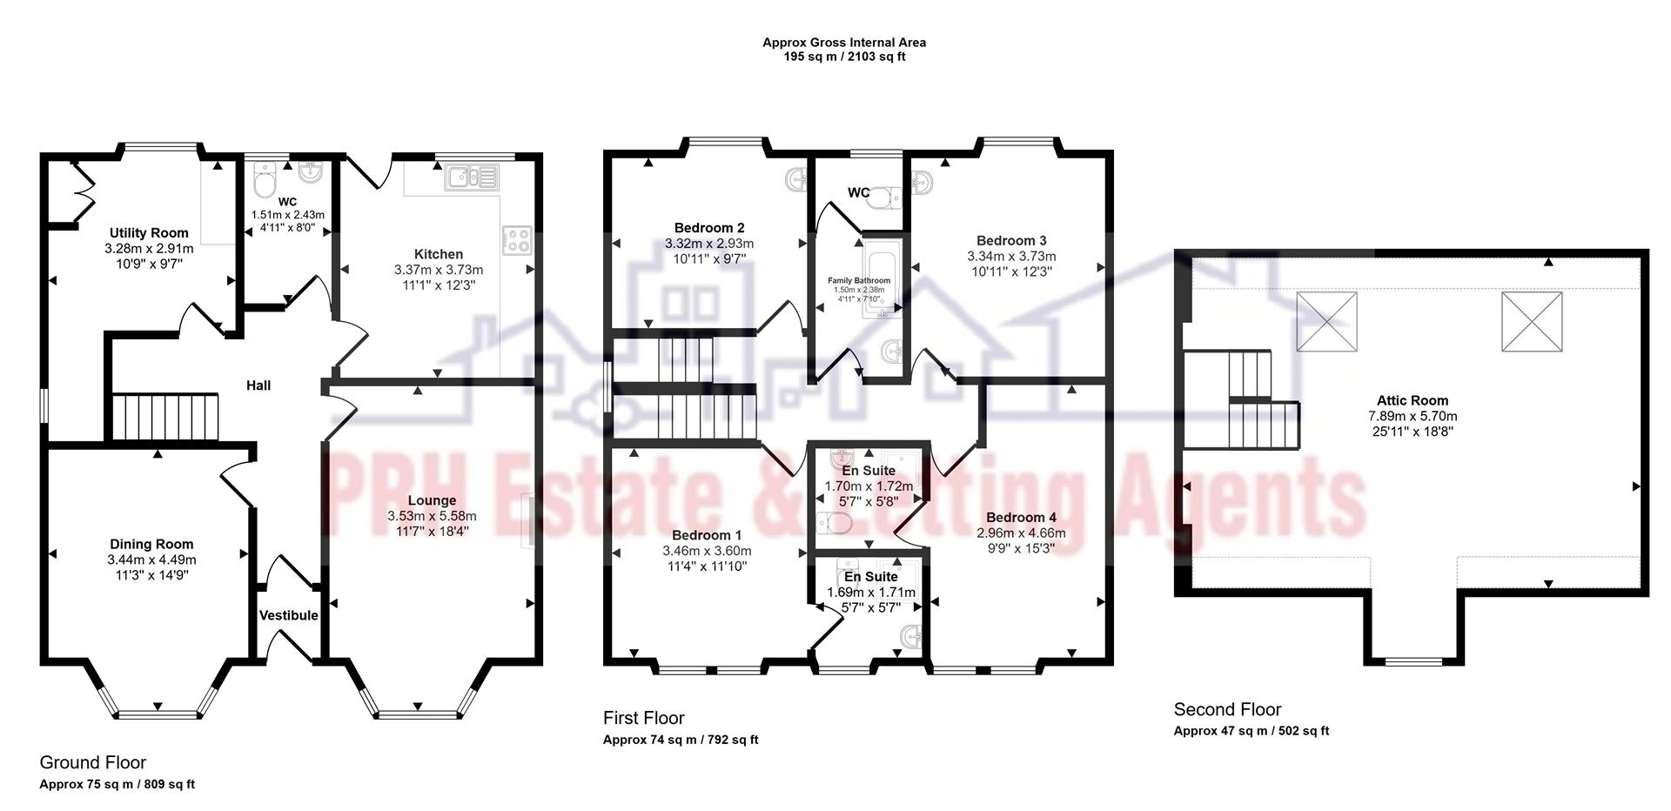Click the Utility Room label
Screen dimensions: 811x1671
pos(149,232)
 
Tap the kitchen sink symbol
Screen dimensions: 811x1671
pos(471,178)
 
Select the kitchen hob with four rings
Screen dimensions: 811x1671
pos(517,239)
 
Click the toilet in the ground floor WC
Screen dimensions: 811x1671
pos(264,181)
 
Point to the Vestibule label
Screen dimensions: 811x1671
pos(289,615)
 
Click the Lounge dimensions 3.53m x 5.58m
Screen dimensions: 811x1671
pos(432,516)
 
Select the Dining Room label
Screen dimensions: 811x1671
pos(151,544)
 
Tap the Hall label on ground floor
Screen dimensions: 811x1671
pos(258,385)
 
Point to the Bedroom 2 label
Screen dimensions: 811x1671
pos(709,228)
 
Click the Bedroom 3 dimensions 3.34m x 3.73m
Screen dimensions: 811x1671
pos(1011,257)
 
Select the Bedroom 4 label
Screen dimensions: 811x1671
pos(1021,517)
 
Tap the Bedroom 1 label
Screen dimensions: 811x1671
pos(707,535)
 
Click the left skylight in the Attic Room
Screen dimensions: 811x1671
pos(1326,321)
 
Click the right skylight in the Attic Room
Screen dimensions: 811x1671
pos(1532,321)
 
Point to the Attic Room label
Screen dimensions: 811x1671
pos(1413,400)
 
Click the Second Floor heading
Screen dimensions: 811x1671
pos(1227,709)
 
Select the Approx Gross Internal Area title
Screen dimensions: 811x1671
pos(844,42)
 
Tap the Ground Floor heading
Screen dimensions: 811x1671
pos(93,762)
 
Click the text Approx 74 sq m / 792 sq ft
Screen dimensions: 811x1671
pos(681,741)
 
